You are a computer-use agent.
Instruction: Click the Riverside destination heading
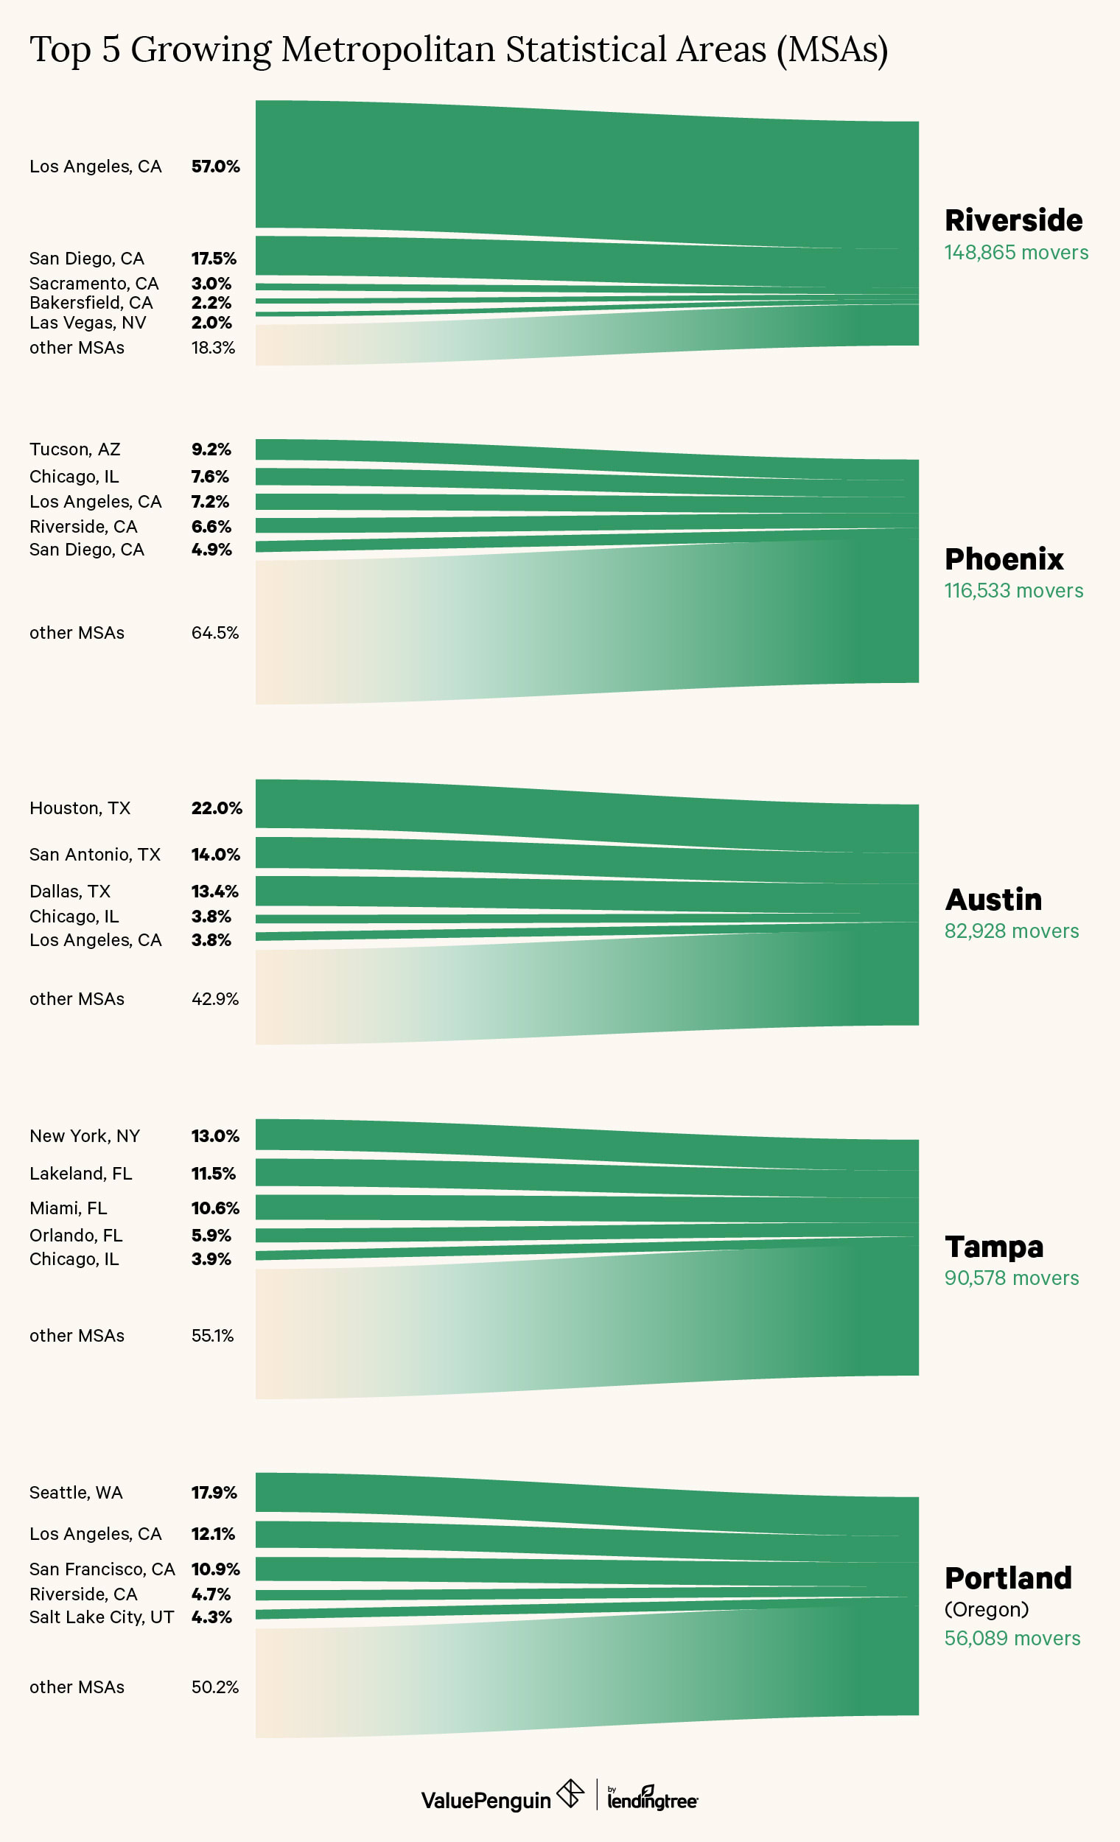(1013, 220)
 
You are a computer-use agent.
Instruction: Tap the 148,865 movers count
(1016, 253)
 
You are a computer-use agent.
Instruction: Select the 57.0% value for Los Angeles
(215, 166)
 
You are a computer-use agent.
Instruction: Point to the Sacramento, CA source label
(94, 284)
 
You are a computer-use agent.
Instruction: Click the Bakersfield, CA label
(91, 303)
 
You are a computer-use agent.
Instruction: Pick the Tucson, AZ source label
(74, 449)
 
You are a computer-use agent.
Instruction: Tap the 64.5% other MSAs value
(214, 632)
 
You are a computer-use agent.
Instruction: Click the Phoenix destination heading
(1004, 559)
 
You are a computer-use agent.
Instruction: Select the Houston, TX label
(80, 808)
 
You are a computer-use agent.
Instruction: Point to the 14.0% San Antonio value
(215, 855)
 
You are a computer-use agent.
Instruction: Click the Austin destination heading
(993, 900)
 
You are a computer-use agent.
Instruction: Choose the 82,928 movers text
(1011, 931)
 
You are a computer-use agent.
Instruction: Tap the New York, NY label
(85, 1135)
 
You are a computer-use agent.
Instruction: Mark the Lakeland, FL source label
(81, 1173)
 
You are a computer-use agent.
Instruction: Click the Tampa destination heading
(994, 1246)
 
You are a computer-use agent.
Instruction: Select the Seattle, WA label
(75, 1492)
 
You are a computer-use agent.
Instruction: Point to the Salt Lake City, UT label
(101, 1617)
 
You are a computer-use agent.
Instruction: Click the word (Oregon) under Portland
(986, 1608)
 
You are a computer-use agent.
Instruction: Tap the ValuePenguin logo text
(486, 1799)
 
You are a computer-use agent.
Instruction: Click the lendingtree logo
(652, 1799)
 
